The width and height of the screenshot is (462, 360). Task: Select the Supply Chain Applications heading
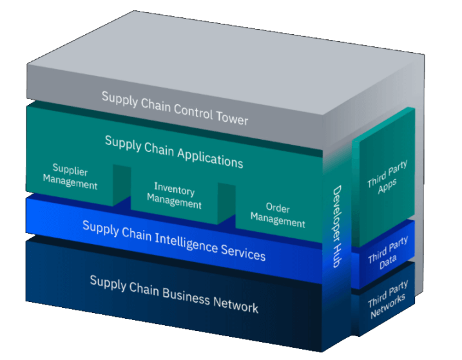(x=174, y=151)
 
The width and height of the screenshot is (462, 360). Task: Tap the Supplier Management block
(x=70, y=178)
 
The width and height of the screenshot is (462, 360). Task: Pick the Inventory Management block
(x=174, y=195)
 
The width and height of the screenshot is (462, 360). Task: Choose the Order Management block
(x=278, y=215)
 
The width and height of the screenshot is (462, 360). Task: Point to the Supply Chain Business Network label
(x=174, y=293)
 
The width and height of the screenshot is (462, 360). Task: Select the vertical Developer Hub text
(x=336, y=226)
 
